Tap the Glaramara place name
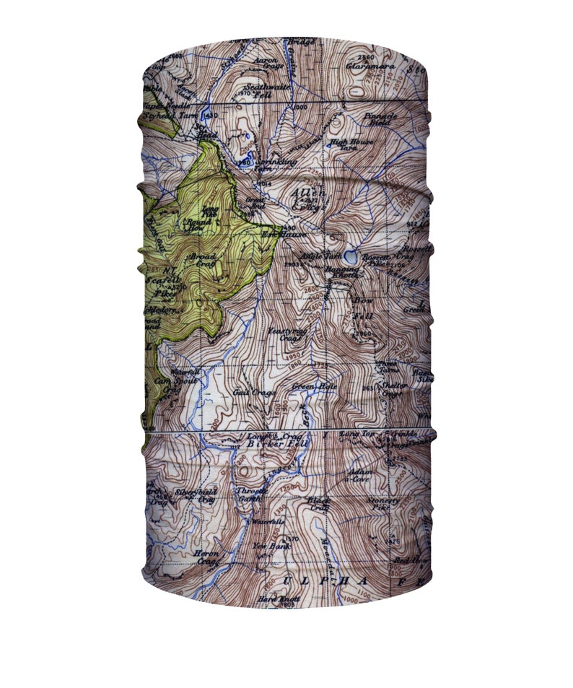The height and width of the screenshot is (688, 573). pos(371,66)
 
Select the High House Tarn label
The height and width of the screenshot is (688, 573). pos(352,144)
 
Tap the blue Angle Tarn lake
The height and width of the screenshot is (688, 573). pos(350,257)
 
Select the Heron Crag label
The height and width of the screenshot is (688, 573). pos(206,558)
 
